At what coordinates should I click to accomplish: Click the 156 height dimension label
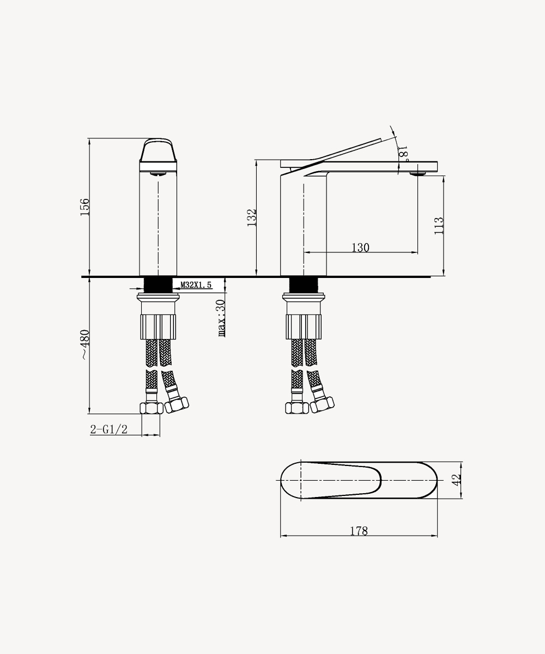[85, 207]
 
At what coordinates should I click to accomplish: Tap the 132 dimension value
[252, 217]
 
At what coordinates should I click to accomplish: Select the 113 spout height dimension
[439, 226]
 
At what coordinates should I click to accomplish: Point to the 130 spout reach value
[360, 248]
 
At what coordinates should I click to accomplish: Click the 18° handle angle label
[403, 153]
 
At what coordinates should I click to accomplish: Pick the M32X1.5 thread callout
[196, 285]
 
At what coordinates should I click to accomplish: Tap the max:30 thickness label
[221, 318]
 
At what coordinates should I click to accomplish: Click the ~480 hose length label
[85, 344]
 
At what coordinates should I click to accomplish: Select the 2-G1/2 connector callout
[109, 429]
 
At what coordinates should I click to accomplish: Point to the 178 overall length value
[359, 531]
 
